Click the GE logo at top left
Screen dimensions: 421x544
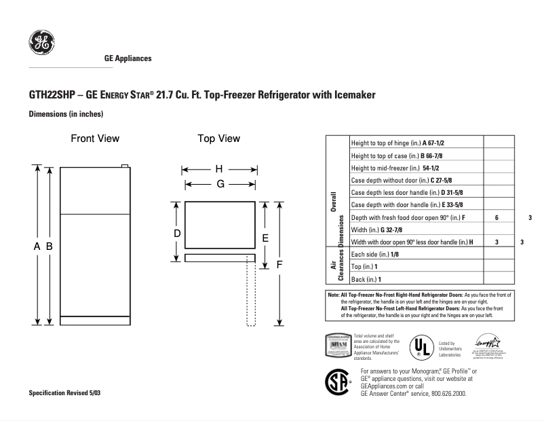[x=41, y=43]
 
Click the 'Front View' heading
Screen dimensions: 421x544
[x=95, y=139]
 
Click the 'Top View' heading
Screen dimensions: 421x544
[x=218, y=139]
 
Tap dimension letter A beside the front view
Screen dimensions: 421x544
[x=37, y=247]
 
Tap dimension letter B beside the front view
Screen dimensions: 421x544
[x=50, y=247]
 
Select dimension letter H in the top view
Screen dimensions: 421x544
[x=219, y=169]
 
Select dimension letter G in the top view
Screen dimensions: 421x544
[x=220, y=184]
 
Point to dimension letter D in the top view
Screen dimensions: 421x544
[x=176, y=234]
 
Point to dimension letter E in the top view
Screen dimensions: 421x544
[x=265, y=238]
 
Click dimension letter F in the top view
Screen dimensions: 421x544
[x=278, y=265]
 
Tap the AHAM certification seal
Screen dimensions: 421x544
[x=339, y=346]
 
